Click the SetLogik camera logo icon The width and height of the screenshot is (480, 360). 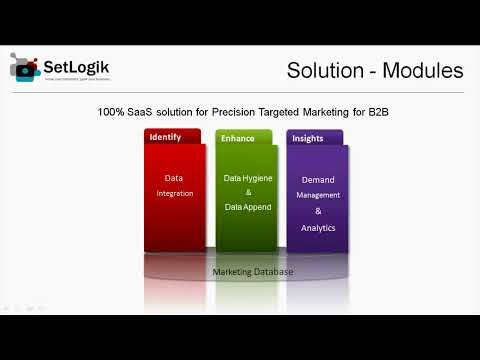tap(25, 68)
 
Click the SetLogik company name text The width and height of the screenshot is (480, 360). tap(76, 67)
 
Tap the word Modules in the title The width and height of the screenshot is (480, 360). tap(426, 71)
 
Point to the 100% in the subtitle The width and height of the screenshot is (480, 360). tap(112, 114)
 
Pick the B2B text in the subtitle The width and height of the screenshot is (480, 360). tap(374, 114)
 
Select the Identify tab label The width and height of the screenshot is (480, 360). tap(165, 136)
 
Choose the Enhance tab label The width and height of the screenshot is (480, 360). tap(238, 137)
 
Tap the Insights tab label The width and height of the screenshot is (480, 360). tap(308, 137)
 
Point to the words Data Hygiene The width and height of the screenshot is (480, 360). tap(246, 177)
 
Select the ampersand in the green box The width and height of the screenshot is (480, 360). tap(247, 191)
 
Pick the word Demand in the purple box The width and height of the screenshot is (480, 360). tap(318, 180)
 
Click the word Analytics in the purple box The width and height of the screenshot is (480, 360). tap(318, 228)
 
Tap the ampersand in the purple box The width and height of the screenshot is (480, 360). tap(318, 212)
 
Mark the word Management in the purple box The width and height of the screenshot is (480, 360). tap(318, 195)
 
